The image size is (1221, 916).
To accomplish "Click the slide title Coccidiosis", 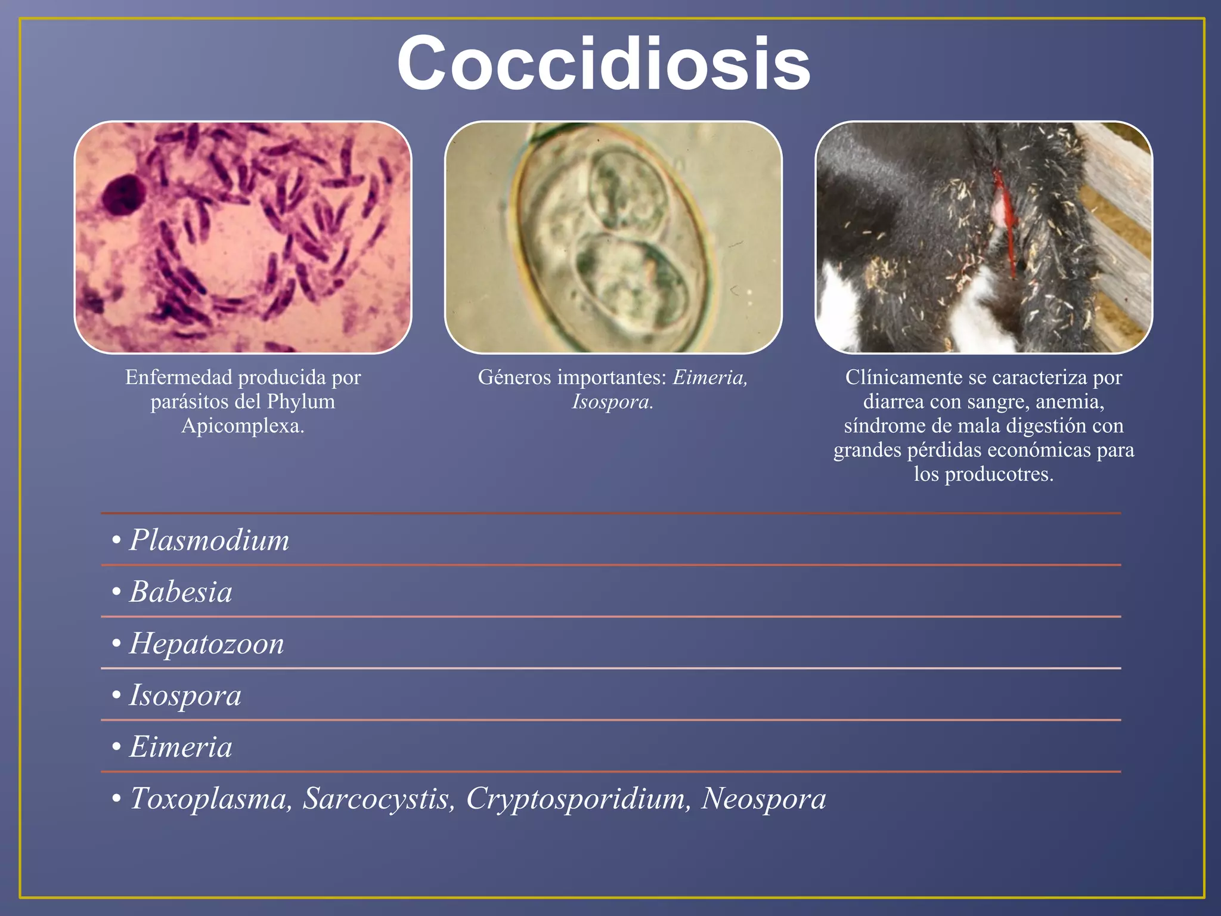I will click(603, 63).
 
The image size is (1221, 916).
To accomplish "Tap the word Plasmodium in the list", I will click(209, 540).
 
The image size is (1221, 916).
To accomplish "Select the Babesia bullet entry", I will click(181, 592).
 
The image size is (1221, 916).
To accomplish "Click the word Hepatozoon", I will click(206, 644).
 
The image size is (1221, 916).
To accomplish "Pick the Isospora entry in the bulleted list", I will click(185, 695).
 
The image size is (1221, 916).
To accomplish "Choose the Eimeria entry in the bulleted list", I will click(181, 747).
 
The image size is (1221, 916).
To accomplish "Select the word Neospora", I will click(763, 799).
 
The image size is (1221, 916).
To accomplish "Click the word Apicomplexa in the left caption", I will click(242, 426).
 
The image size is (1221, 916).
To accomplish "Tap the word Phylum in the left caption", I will click(300, 401).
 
